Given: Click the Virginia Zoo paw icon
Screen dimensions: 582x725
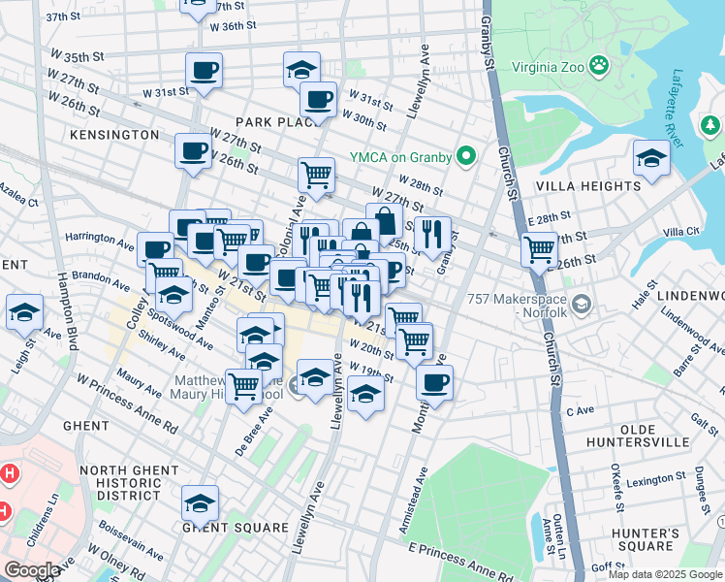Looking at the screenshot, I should [602, 67].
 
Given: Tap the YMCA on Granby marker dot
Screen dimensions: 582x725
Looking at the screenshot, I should [466, 155].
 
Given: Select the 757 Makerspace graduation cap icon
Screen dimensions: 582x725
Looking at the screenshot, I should [581, 307].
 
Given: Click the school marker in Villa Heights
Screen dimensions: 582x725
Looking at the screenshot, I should [651, 157].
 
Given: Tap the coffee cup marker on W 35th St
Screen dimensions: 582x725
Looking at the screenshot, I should [205, 70].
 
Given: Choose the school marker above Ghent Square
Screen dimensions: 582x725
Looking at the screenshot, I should [200, 502].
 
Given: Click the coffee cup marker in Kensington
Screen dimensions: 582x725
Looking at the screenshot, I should [193, 150].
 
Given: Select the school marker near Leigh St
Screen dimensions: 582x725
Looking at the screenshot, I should [24, 311].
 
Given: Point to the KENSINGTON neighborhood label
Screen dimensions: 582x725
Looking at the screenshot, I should [113, 134].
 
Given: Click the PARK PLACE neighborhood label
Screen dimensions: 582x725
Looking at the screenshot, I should [279, 122].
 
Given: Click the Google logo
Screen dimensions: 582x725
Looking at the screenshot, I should [33, 570].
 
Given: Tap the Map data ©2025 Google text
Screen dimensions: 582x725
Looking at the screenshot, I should [665, 574].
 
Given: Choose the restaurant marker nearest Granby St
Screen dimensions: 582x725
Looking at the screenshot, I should [432, 233].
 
